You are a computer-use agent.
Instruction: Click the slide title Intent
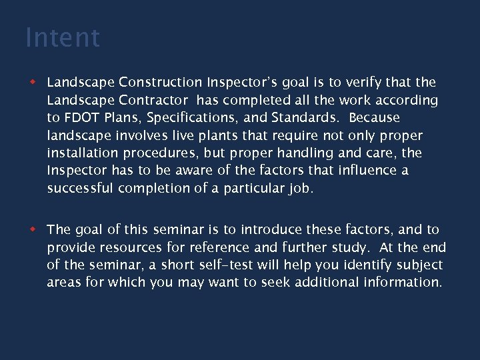pos(63,38)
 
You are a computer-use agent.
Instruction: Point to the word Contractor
pos(153,100)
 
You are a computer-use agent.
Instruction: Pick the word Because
pos(374,118)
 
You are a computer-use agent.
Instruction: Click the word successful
pos(80,188)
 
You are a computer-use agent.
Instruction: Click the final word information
pos(401,282)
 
